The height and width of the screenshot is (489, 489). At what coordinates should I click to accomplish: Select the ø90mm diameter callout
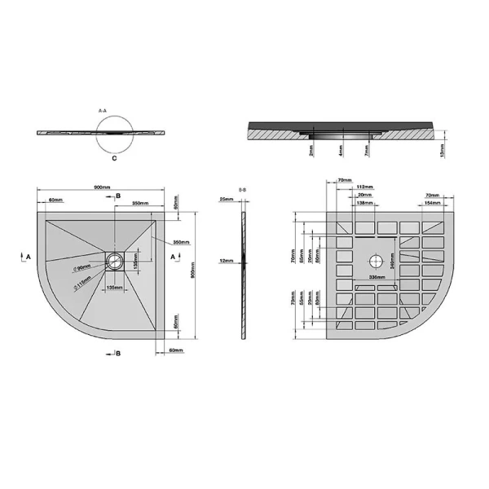[x=81, y=267]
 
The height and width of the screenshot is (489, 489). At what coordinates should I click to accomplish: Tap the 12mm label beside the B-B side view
[x=228, y=261]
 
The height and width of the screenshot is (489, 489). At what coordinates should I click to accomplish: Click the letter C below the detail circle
[x=115, y=161]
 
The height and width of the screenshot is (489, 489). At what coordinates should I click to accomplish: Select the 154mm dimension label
[x=432, y=203]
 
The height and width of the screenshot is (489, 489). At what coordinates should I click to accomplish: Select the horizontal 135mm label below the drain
[x=115, y=288]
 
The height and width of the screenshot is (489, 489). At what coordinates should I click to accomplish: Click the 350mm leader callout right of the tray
[x=180, y=242]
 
